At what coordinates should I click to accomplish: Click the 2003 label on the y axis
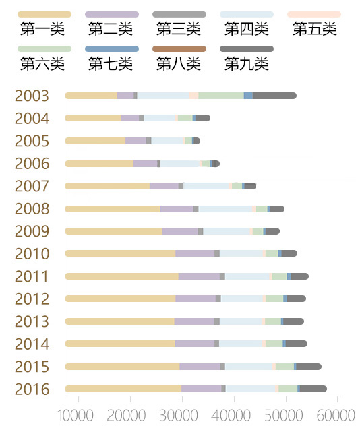(x=32, y=96)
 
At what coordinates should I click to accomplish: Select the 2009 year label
(x=32, y=231)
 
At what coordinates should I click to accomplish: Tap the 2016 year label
(x=32, y=390)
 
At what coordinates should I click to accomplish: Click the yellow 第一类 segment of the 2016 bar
(x=123, y=389)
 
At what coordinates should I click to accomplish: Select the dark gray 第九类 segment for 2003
(x=274, y=96)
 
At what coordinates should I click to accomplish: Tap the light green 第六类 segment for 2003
(x=221, y=96)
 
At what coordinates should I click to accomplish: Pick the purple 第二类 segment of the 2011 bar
(x=199, y=276)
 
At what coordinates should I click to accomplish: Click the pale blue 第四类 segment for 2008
(x=225, y=209)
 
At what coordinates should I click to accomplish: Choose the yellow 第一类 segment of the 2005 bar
(x=95, y=141)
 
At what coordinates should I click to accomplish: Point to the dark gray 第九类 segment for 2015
(x=309, y=367)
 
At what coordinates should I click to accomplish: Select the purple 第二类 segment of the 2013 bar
(x=194, y=321)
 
